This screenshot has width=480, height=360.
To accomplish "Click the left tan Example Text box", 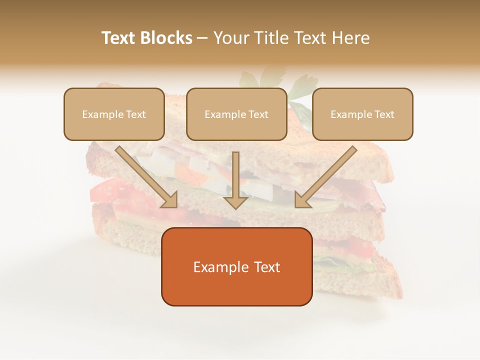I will pyautogui.click(x=114, y=126).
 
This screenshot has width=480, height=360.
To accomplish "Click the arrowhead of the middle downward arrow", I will pyautogui.click(x=235, y=202).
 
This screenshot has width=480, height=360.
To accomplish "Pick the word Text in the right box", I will pyautogui.click(x=384, y=114).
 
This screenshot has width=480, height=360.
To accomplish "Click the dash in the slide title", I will pyautogui.click(x=202, y=38).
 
